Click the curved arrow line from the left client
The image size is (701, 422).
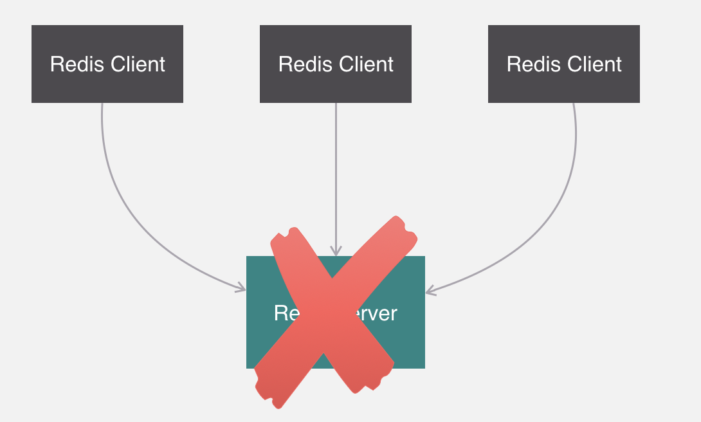click(x=129, y=212)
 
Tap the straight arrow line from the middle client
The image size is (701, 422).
click(x=336, y=167)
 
